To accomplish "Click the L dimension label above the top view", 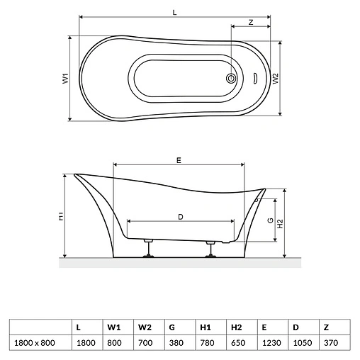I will (174, 12).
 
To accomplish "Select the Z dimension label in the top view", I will (252, 23).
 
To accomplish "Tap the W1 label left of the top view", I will (64, 79).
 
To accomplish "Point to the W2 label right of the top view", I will (276, 78).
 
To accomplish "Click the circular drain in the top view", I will (231, 79).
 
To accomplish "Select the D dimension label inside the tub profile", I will (181, 217).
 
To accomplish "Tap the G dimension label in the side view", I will (271, 220).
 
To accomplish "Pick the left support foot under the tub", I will (148, 249).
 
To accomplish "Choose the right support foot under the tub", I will (210, 249).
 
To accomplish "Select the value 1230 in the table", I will (265, 342).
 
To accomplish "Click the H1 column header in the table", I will (205, 327).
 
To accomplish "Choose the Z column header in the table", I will (326, 327).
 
